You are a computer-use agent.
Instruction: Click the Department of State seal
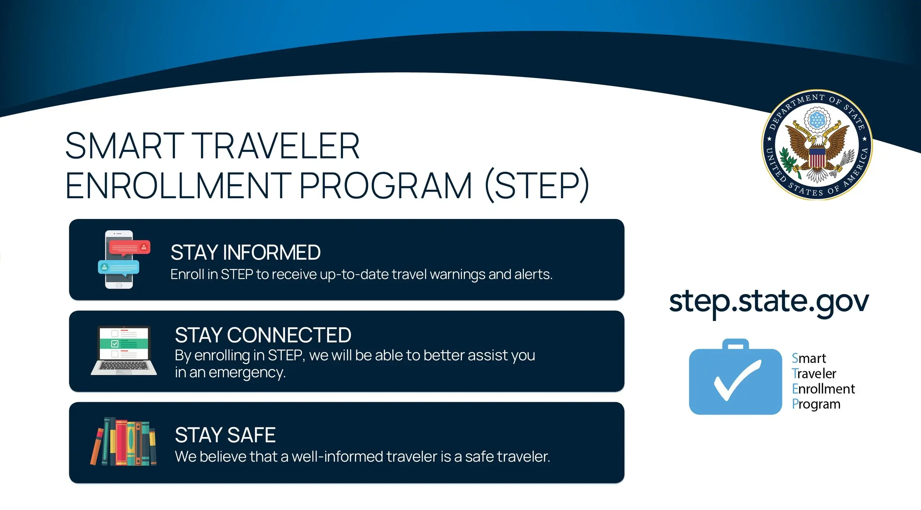817,145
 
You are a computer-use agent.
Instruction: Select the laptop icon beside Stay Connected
124,350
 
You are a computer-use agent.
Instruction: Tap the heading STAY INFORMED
245,253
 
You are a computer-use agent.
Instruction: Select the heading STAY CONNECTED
263,335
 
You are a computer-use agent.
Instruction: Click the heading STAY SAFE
225,435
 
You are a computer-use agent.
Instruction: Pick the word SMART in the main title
125,146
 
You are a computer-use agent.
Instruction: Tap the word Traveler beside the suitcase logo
814,374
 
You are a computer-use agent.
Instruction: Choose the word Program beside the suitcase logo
816,404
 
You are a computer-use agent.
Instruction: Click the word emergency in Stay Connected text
247,373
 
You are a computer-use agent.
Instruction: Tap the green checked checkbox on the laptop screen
115,344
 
